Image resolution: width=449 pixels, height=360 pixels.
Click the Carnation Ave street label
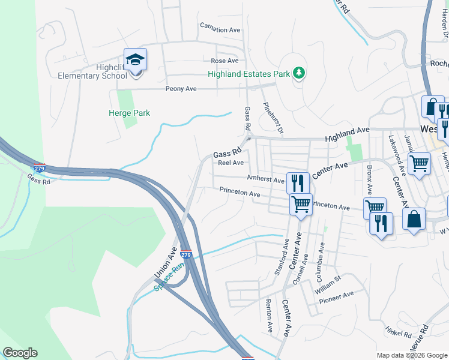coord(220,29)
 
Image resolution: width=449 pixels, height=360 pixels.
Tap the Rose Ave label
coord(224,61)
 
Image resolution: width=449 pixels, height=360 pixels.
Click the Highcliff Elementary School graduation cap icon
coord(136,59)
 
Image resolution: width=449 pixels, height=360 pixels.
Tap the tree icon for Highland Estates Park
coord(299,73)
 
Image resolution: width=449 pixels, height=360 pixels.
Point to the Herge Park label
coord(129,113)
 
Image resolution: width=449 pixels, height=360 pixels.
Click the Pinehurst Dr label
coord(268,117)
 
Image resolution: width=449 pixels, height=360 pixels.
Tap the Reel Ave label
coord(231,163)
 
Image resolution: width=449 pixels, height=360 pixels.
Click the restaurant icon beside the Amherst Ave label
coord(298,182)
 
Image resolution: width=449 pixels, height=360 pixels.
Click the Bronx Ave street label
coord(369,178)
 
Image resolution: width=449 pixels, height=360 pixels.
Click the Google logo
coord(20,353)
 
